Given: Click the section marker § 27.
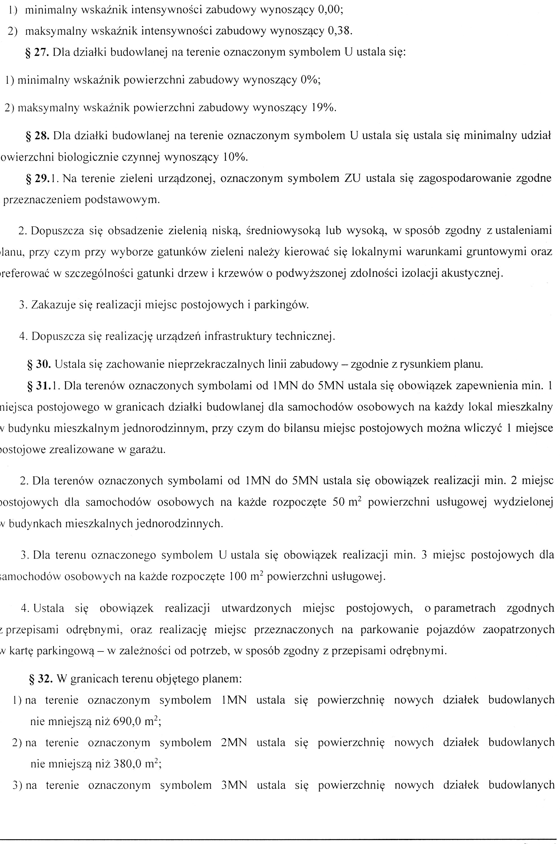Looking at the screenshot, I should point(37,52).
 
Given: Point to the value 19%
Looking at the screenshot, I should point(323,107).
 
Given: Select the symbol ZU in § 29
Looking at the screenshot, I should point(352,178).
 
